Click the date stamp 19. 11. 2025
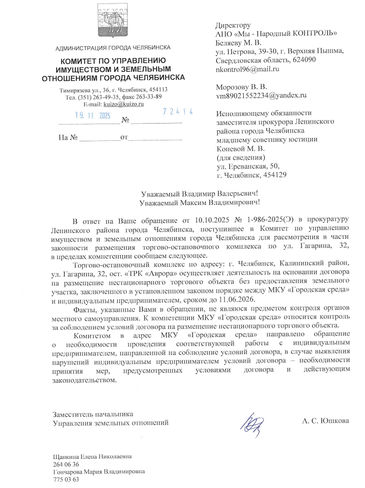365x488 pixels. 92,116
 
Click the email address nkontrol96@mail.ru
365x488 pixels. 248,69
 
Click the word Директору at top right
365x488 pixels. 233,25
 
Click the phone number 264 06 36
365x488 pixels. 66,464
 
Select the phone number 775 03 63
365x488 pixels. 66,480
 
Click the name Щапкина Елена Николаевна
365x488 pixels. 92,457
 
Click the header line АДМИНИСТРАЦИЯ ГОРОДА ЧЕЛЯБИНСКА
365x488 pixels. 113,48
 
